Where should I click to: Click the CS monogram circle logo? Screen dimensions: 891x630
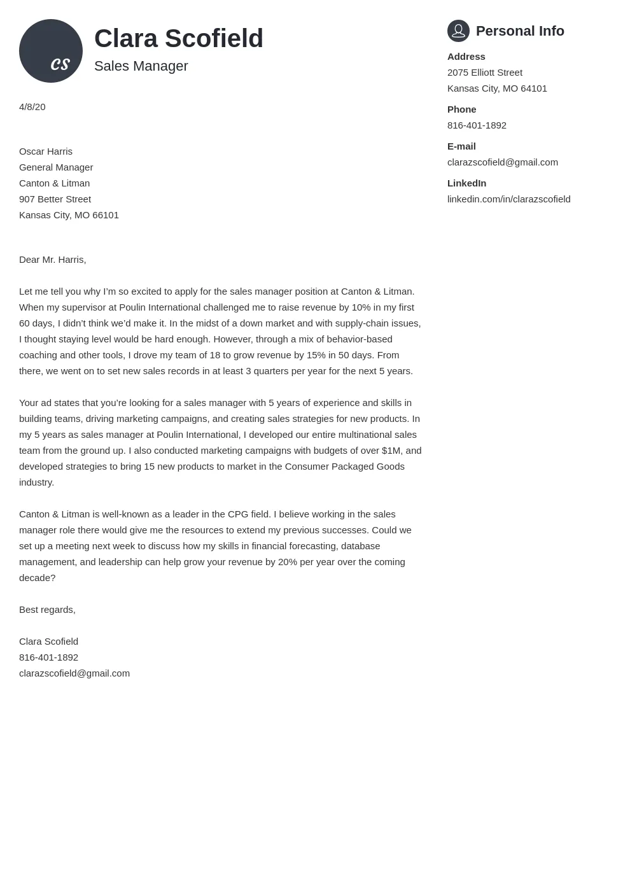[51, 51]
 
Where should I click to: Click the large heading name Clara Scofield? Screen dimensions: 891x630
[179, 38]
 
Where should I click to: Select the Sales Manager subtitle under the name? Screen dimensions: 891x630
[141, 66]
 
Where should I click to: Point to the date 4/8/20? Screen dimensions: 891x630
[32, 107]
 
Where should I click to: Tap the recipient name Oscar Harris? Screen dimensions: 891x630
[46, 151]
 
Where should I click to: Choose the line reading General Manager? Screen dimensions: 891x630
[56, 167]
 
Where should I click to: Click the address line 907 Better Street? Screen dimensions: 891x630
[55, 199]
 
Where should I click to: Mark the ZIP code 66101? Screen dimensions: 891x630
[106, 215]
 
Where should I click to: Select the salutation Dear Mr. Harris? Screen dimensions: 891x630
[52, 260]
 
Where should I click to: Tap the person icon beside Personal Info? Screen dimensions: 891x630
[458, 31]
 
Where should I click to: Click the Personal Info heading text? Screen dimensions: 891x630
[520, 31]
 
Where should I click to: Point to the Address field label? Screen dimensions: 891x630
[466, 57]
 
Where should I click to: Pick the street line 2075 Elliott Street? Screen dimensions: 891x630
[485, 73]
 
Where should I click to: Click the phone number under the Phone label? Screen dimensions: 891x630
[477, 125]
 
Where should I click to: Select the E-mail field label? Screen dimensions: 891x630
[461, 146]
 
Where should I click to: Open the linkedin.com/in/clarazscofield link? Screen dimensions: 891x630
[509, 199]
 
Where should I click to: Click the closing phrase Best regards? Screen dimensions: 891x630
[47, 610]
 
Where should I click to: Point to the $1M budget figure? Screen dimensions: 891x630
[391, 451]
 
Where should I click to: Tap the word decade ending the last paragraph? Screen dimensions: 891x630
[35, 578]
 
